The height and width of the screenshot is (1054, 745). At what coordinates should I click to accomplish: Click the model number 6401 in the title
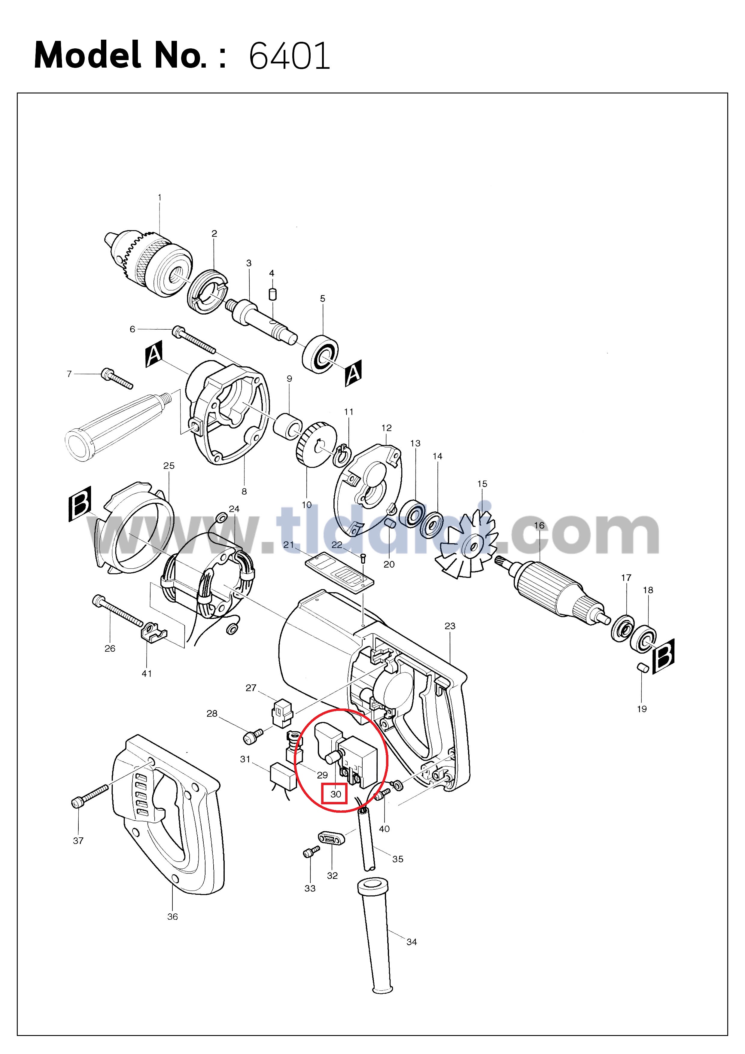(289, 56)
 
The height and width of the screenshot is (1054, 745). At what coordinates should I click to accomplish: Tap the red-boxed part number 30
(336, 794)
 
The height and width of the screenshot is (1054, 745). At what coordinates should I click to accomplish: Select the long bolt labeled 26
(117, 611)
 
